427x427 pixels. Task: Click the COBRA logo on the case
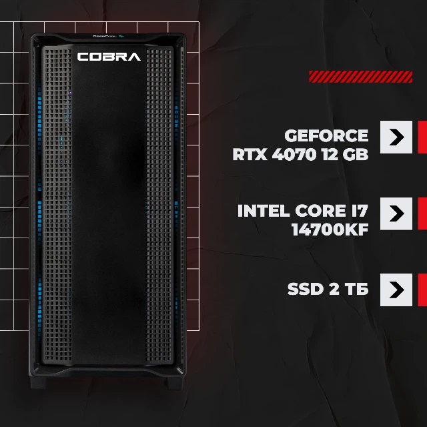[109, 57]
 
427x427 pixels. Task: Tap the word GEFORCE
[326, 135]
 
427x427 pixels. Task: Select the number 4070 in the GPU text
[294, 154]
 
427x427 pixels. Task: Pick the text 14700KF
[330, 230]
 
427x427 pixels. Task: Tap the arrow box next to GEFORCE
[396, 137]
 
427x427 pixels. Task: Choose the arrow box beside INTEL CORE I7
[396, 213]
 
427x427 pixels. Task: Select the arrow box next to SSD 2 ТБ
[396, 290]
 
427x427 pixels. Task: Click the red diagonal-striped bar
[360, 77]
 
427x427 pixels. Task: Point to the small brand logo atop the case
[108, 36]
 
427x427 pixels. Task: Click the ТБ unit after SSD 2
[356, 289]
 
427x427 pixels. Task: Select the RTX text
[250, 154]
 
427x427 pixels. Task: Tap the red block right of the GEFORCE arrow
[422, 137]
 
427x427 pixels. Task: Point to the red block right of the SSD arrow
[422, 290]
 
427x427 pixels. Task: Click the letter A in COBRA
[134, 57]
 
